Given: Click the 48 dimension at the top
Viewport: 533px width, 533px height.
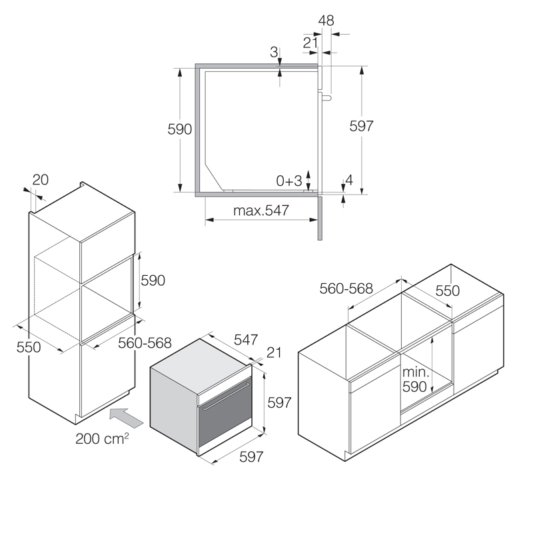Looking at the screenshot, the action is pyautogui.click(x=326, y=21).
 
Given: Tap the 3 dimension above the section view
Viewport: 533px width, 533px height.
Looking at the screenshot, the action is pyautogui.click(x=274, y=52).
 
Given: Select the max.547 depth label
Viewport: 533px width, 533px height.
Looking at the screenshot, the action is pyautogui.click(x=261, y=211).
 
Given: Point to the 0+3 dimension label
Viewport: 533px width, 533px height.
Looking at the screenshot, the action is pyautogui.click(x=289, y=181).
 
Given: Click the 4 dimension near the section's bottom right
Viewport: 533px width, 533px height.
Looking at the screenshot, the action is pyautogui.click(x=349, y=180).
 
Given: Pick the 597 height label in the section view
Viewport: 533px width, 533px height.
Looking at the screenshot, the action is pyautogui.click(x=361, y=126).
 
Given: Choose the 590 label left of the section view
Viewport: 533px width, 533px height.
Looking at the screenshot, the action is pyautogui.click(x=179, y=129).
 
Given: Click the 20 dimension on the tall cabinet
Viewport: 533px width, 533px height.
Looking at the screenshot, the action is pyautogui.click(x=41, y=180).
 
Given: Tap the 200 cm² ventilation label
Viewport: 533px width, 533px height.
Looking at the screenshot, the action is pyautogui.click(x=102, y=438).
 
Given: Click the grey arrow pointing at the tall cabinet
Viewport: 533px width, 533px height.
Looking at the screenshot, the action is pyautogui.click(x=126, y=417).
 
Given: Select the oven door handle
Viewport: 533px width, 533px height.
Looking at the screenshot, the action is pyautogui.click(x=226, y=396).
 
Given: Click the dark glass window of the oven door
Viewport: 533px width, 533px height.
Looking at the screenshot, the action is pyautogui.click(x=225, y=411).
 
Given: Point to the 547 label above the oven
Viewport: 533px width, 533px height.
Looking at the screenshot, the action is pyautogui.click(x=246, y=340).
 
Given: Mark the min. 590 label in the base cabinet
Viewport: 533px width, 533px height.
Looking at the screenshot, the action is pyautogui.click(x=415, y=379).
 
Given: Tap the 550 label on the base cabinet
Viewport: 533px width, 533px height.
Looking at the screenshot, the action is pyautogui.click(x=447, y=290).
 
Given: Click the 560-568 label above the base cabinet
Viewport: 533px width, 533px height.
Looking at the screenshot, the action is pyautogui.click(x=346, y=288).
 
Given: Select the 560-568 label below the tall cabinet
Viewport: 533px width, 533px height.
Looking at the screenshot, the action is pyautogui.click(x=145, y=343).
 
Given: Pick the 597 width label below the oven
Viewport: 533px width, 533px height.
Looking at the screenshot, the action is pyautogui.click(x=251, y=456).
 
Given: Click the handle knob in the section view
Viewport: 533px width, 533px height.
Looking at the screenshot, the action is pyautogui.click(x=327, y=98).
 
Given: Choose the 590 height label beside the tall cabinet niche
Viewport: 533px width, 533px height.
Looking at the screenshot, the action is pyautogui.click(x=153, y=280).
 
